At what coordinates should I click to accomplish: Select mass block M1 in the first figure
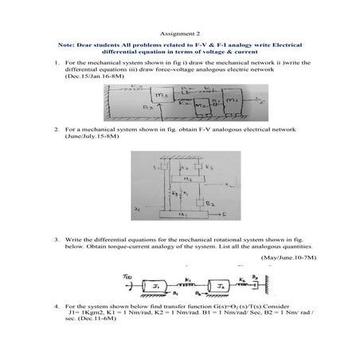click(233, 101)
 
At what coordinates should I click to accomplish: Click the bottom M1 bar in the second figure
click(186, 215)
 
